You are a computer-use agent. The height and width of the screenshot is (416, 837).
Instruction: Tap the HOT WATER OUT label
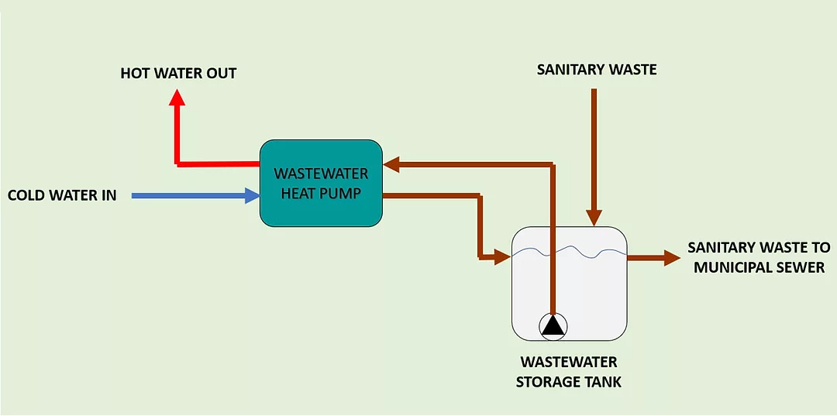point(178,74)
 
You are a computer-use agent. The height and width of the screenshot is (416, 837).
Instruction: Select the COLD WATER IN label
point(62,195)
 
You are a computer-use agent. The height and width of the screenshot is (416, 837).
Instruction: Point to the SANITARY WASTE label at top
point(597,70)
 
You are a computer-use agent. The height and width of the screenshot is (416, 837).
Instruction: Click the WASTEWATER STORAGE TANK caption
point(569,372)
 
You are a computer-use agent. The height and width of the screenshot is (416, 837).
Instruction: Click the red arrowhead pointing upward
point(177,96)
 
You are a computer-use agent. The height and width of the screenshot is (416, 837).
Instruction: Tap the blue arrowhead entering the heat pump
point(252,196)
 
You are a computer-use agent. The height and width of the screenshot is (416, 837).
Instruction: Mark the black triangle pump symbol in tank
point(553,326)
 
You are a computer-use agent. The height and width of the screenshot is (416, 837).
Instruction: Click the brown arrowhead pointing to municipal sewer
point(672,258)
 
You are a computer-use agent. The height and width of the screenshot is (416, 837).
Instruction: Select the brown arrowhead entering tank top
point(594,218)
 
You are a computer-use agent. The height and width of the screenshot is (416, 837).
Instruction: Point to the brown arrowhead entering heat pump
point(391,163)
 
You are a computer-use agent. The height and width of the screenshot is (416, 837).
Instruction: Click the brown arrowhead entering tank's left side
point(503,256)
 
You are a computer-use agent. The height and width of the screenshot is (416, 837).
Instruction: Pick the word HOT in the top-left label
point(134,74)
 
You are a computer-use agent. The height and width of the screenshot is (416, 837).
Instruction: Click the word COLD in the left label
point(26,195)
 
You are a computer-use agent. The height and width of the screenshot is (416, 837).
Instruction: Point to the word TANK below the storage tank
point(602,382)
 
